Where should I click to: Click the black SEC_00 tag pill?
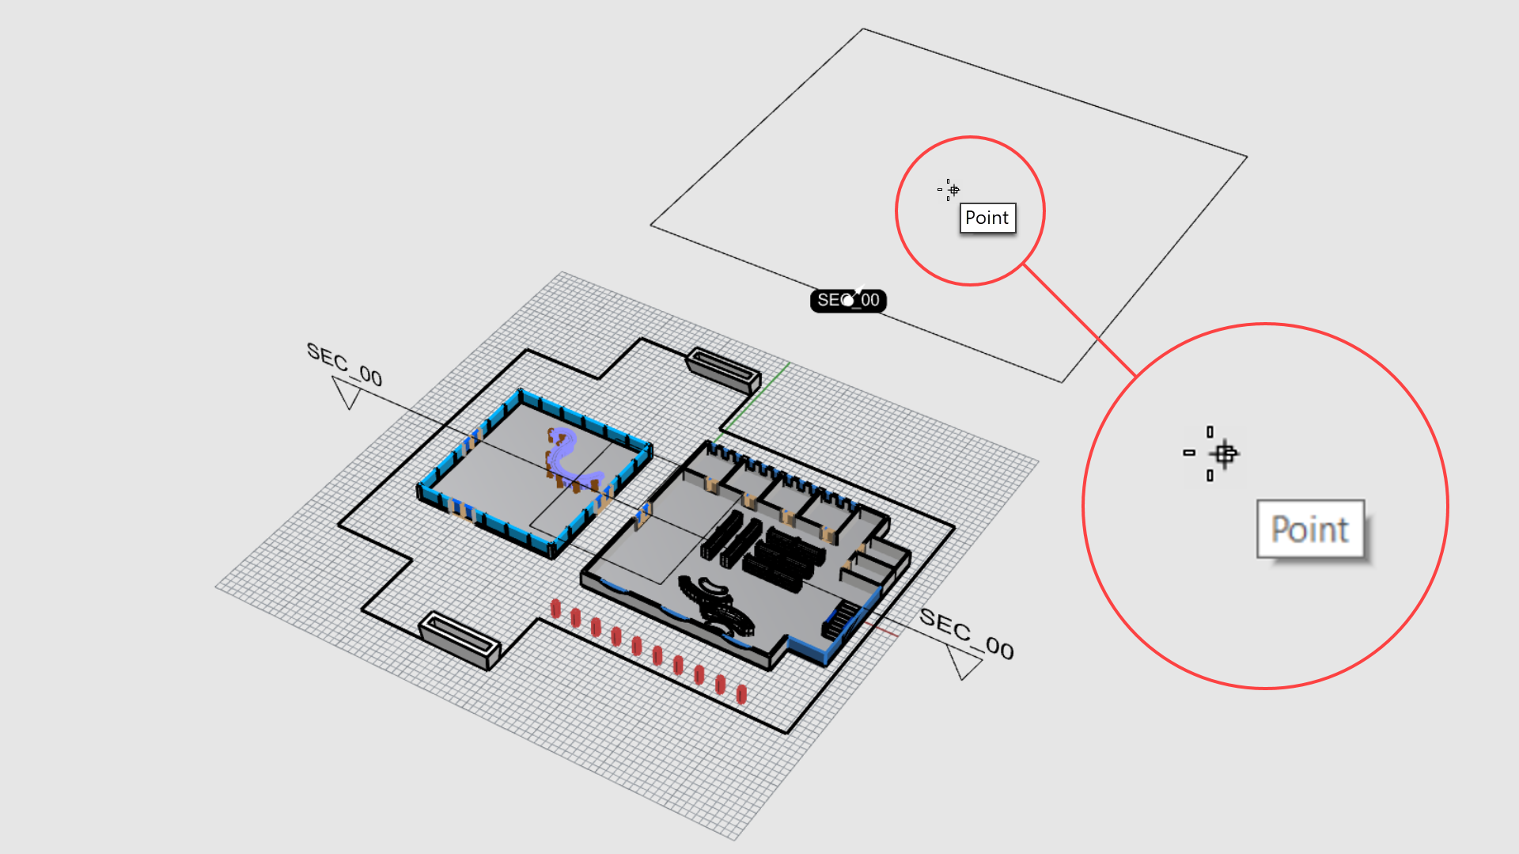click(848, 301)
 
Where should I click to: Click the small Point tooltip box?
click(987, 218)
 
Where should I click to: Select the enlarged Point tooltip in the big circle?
click(1310, 529)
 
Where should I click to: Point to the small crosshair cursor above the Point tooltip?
click(953, 190)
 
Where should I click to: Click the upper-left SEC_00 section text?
click(344, 364)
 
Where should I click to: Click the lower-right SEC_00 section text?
click(966, 633)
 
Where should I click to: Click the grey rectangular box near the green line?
click(723, 369)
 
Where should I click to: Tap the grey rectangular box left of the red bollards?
click(460, 637)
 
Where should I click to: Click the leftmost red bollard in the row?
click(556, 608)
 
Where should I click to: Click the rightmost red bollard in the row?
click(741, 694)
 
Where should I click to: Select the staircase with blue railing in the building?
click(841, 618)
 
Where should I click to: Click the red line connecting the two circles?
click(1079, 320)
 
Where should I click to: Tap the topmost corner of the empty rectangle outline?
click(863, 29)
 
